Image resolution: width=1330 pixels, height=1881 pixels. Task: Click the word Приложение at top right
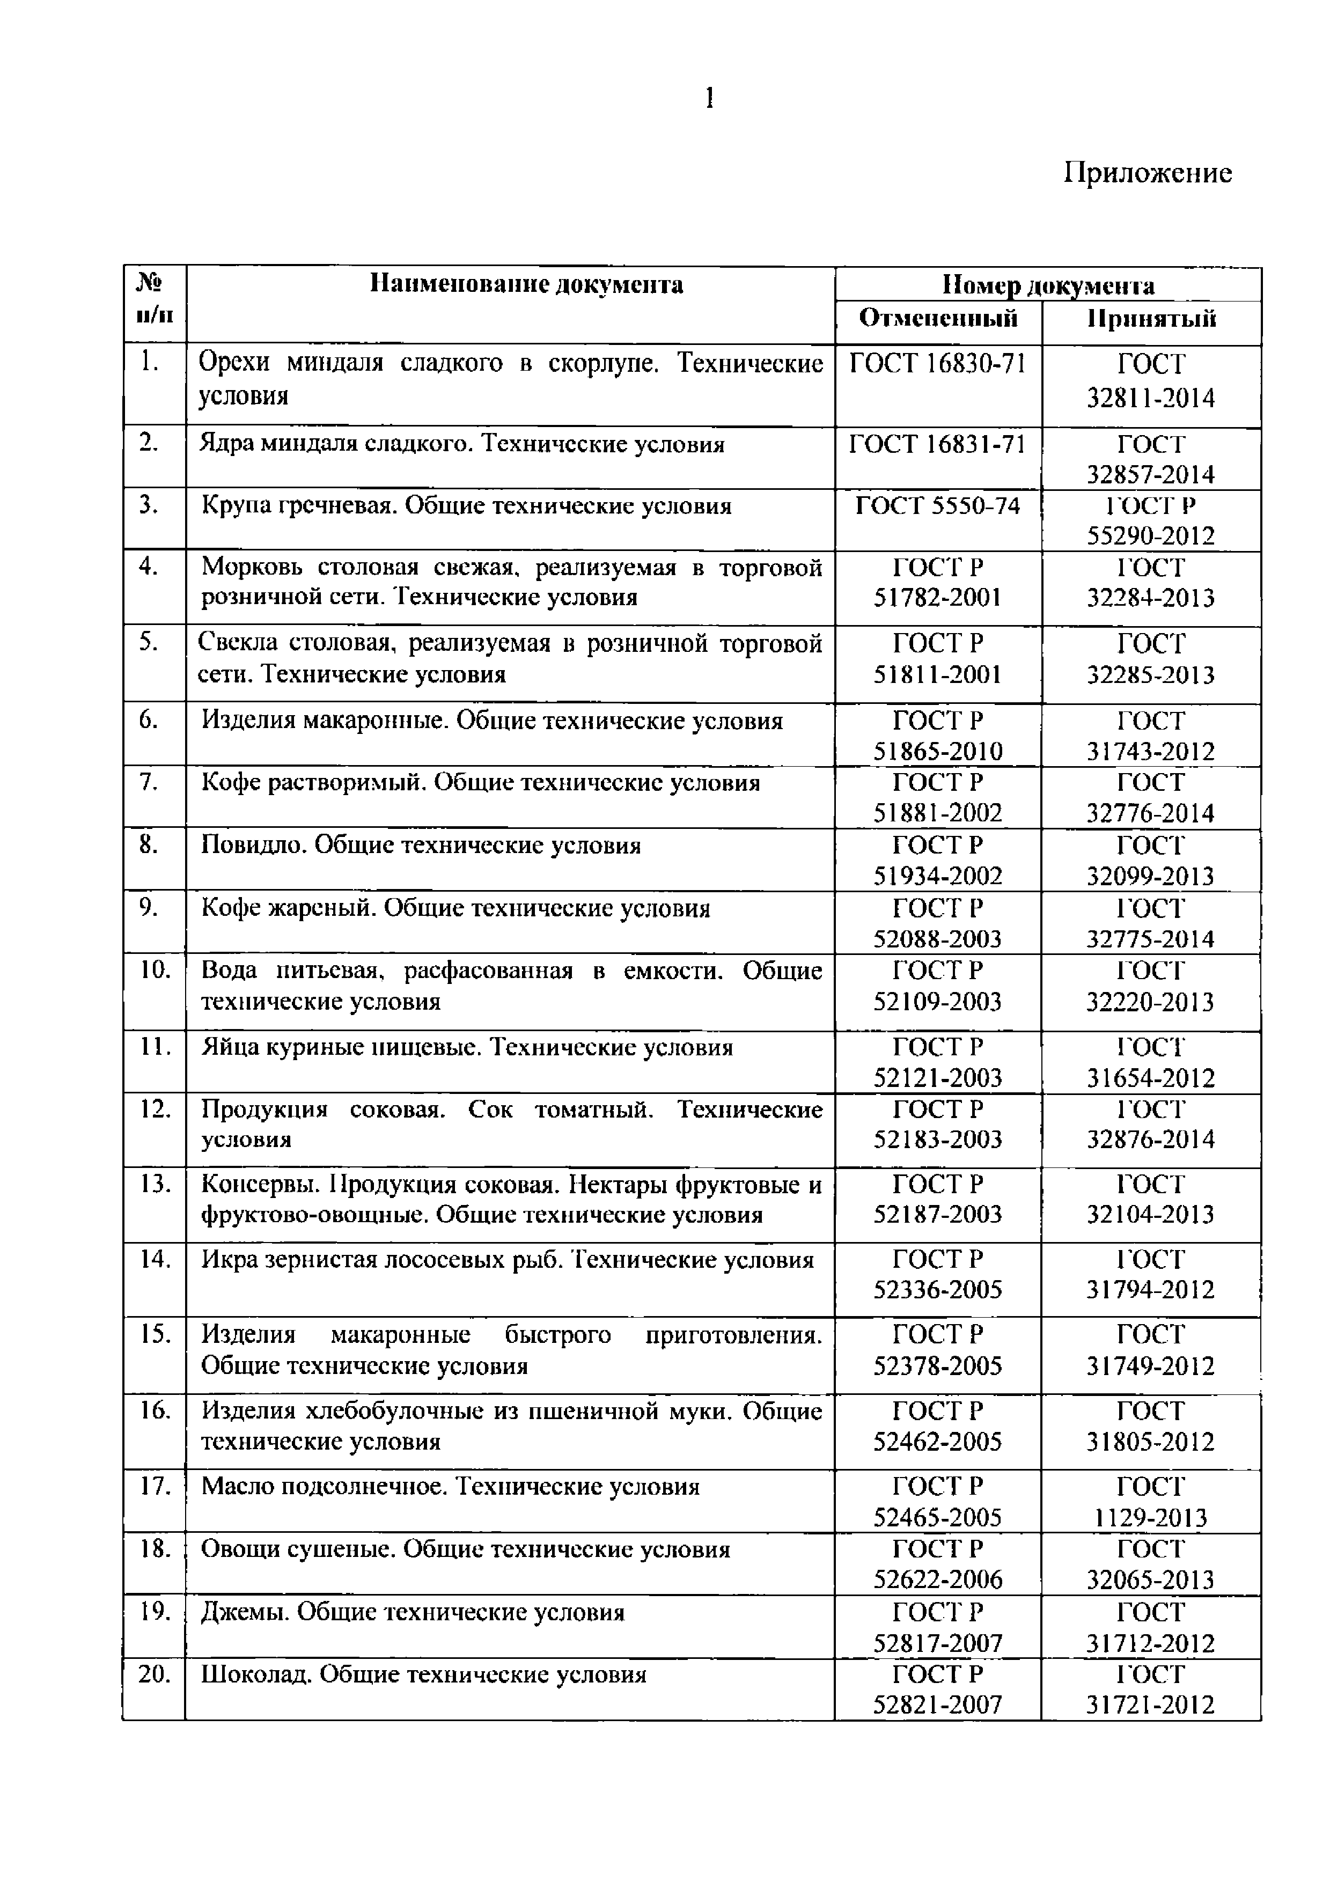[x=1147, y=173]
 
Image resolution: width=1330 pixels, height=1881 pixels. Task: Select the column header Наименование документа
[x=526, y=284]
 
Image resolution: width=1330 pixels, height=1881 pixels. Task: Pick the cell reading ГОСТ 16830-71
[x=937, y=362]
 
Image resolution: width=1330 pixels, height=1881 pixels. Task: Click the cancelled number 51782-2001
[x=937, y=597]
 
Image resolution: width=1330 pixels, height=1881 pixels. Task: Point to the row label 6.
[x=148, y=719]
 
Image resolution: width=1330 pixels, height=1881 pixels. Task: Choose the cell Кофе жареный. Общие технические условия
[x=455, y=908]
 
